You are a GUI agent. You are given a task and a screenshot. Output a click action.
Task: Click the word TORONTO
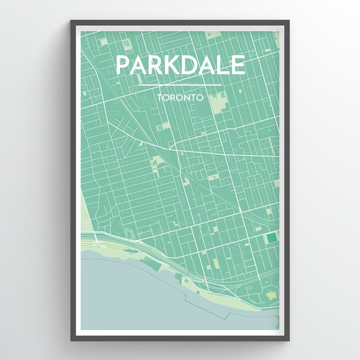point(180,95)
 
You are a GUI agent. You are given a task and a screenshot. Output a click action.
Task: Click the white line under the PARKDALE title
point(180,85)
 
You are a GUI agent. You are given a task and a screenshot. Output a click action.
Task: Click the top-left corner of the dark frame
point(71,22)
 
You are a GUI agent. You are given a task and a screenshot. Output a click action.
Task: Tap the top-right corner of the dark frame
point(289,22)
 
